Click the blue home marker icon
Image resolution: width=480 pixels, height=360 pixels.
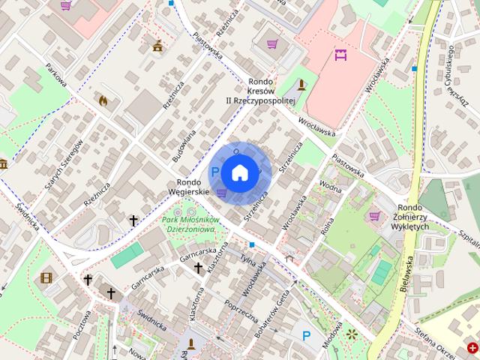coord(239,173)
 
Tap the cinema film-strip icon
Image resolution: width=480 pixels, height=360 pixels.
coord(47,278)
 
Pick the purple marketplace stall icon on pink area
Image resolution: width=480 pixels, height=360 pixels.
coord(341,54)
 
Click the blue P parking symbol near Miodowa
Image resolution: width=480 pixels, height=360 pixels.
coord(306,336)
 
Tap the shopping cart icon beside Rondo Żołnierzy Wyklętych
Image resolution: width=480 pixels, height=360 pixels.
coord(374,217)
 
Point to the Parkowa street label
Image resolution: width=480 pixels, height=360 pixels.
coord(55,75)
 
